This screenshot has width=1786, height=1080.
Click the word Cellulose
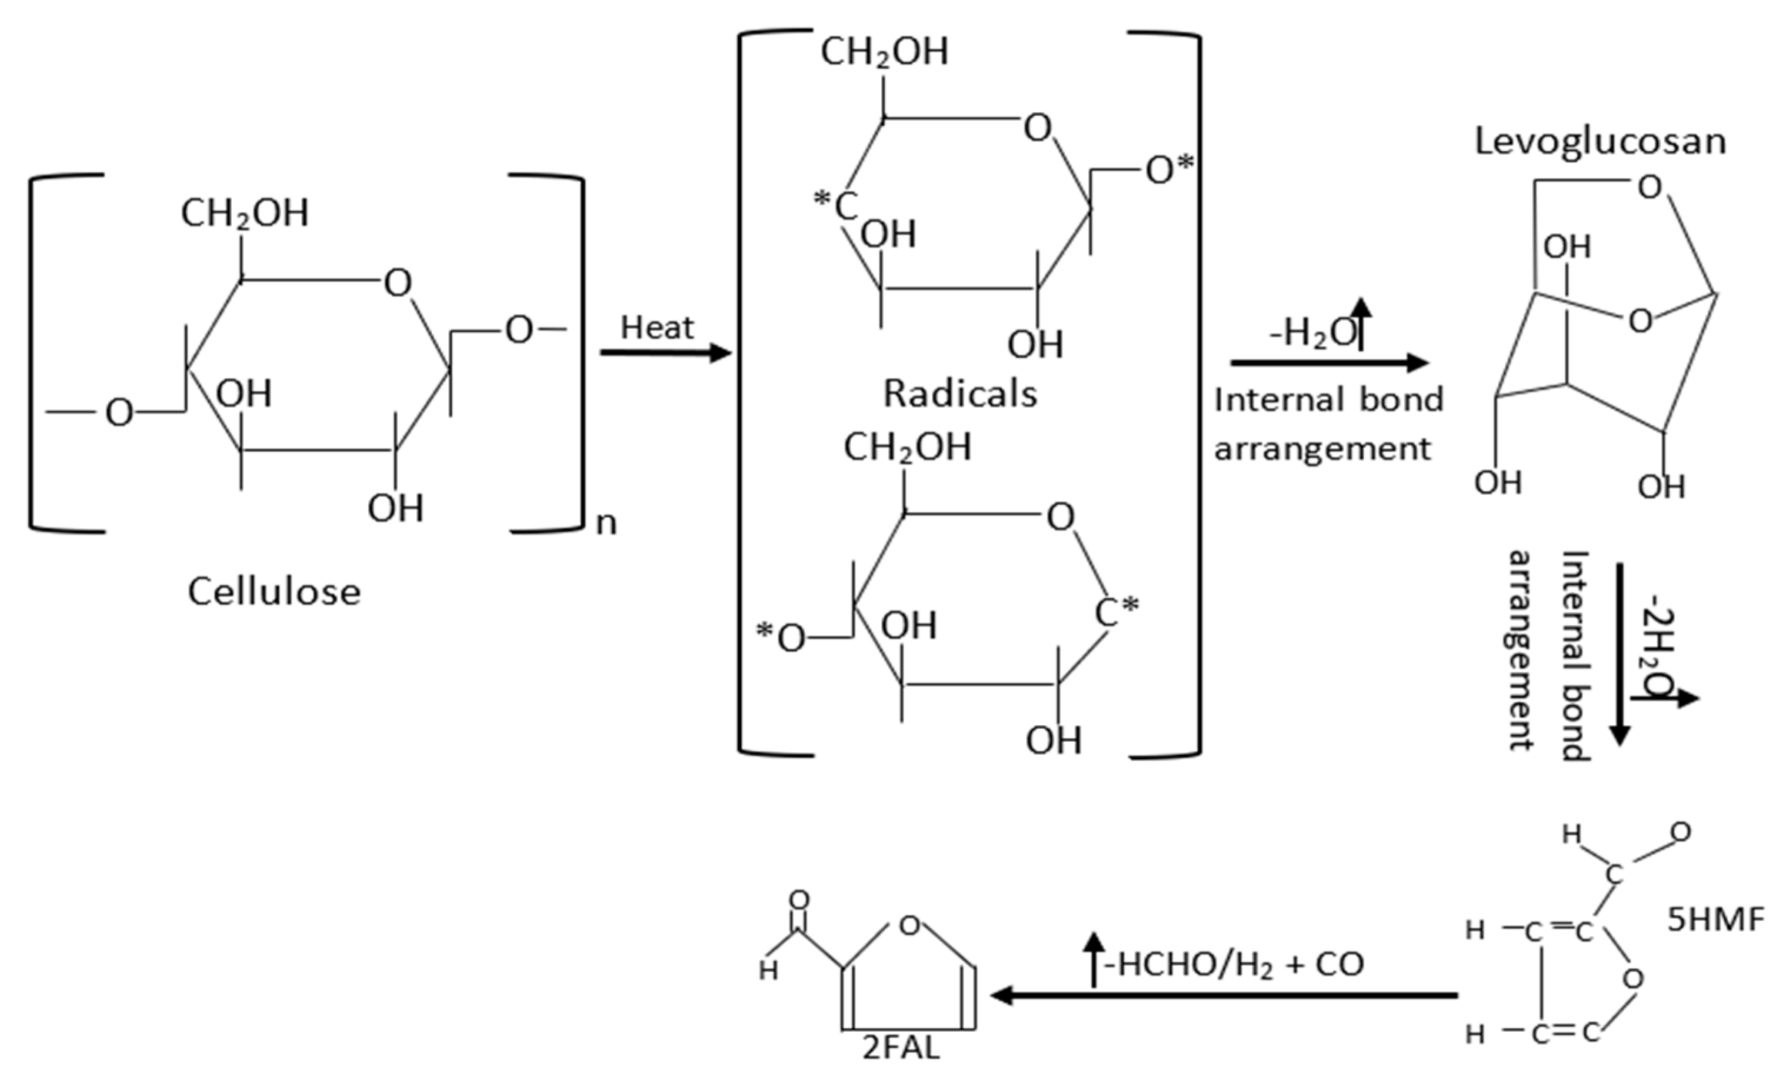(274, 592)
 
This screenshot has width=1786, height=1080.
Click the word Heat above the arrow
(657, 328)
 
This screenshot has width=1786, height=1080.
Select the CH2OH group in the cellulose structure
(244, 214)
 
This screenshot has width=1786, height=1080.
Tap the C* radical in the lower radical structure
(1117, 613)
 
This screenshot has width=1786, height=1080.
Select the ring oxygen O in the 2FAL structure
(909, 926)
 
